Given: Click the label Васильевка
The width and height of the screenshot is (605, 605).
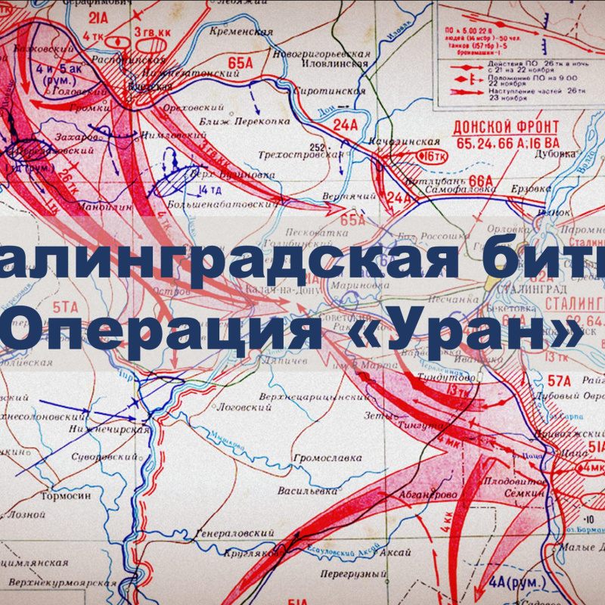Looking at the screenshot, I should click(x=307, y=491).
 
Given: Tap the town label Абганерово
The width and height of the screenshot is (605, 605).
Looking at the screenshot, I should click(x=430, y=495).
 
